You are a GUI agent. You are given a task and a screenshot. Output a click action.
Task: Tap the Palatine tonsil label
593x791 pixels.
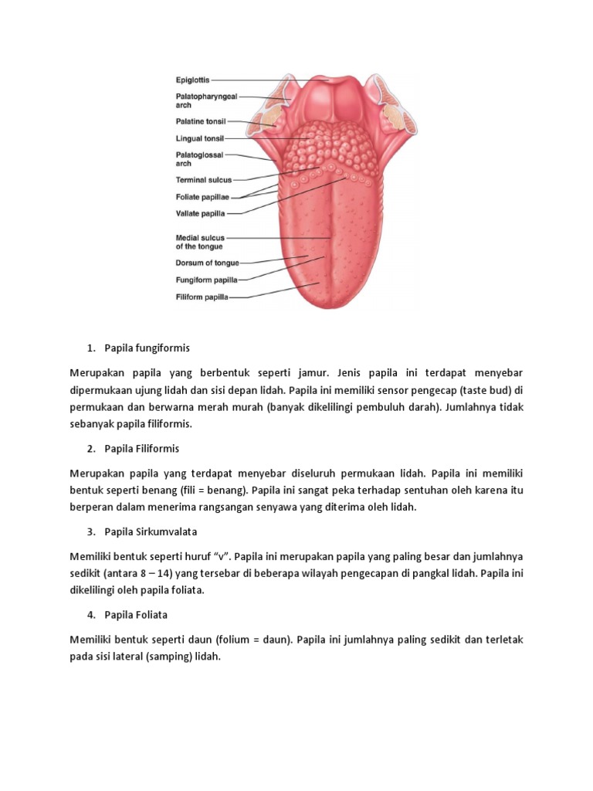coord(201,121)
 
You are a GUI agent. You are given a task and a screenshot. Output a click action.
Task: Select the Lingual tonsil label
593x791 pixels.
coord(199,139)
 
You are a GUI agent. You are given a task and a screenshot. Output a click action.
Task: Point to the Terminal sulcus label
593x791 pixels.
coord(203,180)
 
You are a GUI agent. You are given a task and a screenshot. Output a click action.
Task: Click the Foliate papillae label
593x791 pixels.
coord(202,197)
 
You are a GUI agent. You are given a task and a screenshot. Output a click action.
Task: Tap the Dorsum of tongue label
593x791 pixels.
coord(207,263)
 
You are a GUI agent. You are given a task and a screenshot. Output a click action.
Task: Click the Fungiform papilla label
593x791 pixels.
coord(206,280)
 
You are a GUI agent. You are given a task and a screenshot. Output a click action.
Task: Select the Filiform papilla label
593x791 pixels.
coord(202,297)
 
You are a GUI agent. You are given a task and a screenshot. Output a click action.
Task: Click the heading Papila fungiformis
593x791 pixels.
coord(147,348)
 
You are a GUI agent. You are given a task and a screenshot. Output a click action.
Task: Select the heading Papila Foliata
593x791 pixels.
coord(137,615)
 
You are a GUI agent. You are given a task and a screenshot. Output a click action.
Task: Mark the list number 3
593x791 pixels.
coord(90,531)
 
